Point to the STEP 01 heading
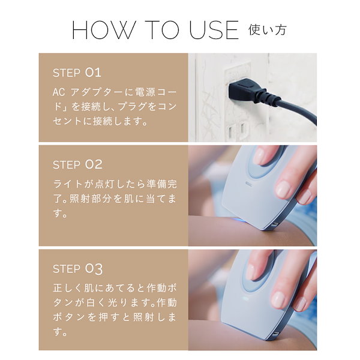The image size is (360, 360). (x=77, y=73)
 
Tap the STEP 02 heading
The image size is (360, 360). (x=77, y=164)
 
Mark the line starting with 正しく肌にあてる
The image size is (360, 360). (x=113, y=287)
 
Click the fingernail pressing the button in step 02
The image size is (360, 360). (x=259, y=157)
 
